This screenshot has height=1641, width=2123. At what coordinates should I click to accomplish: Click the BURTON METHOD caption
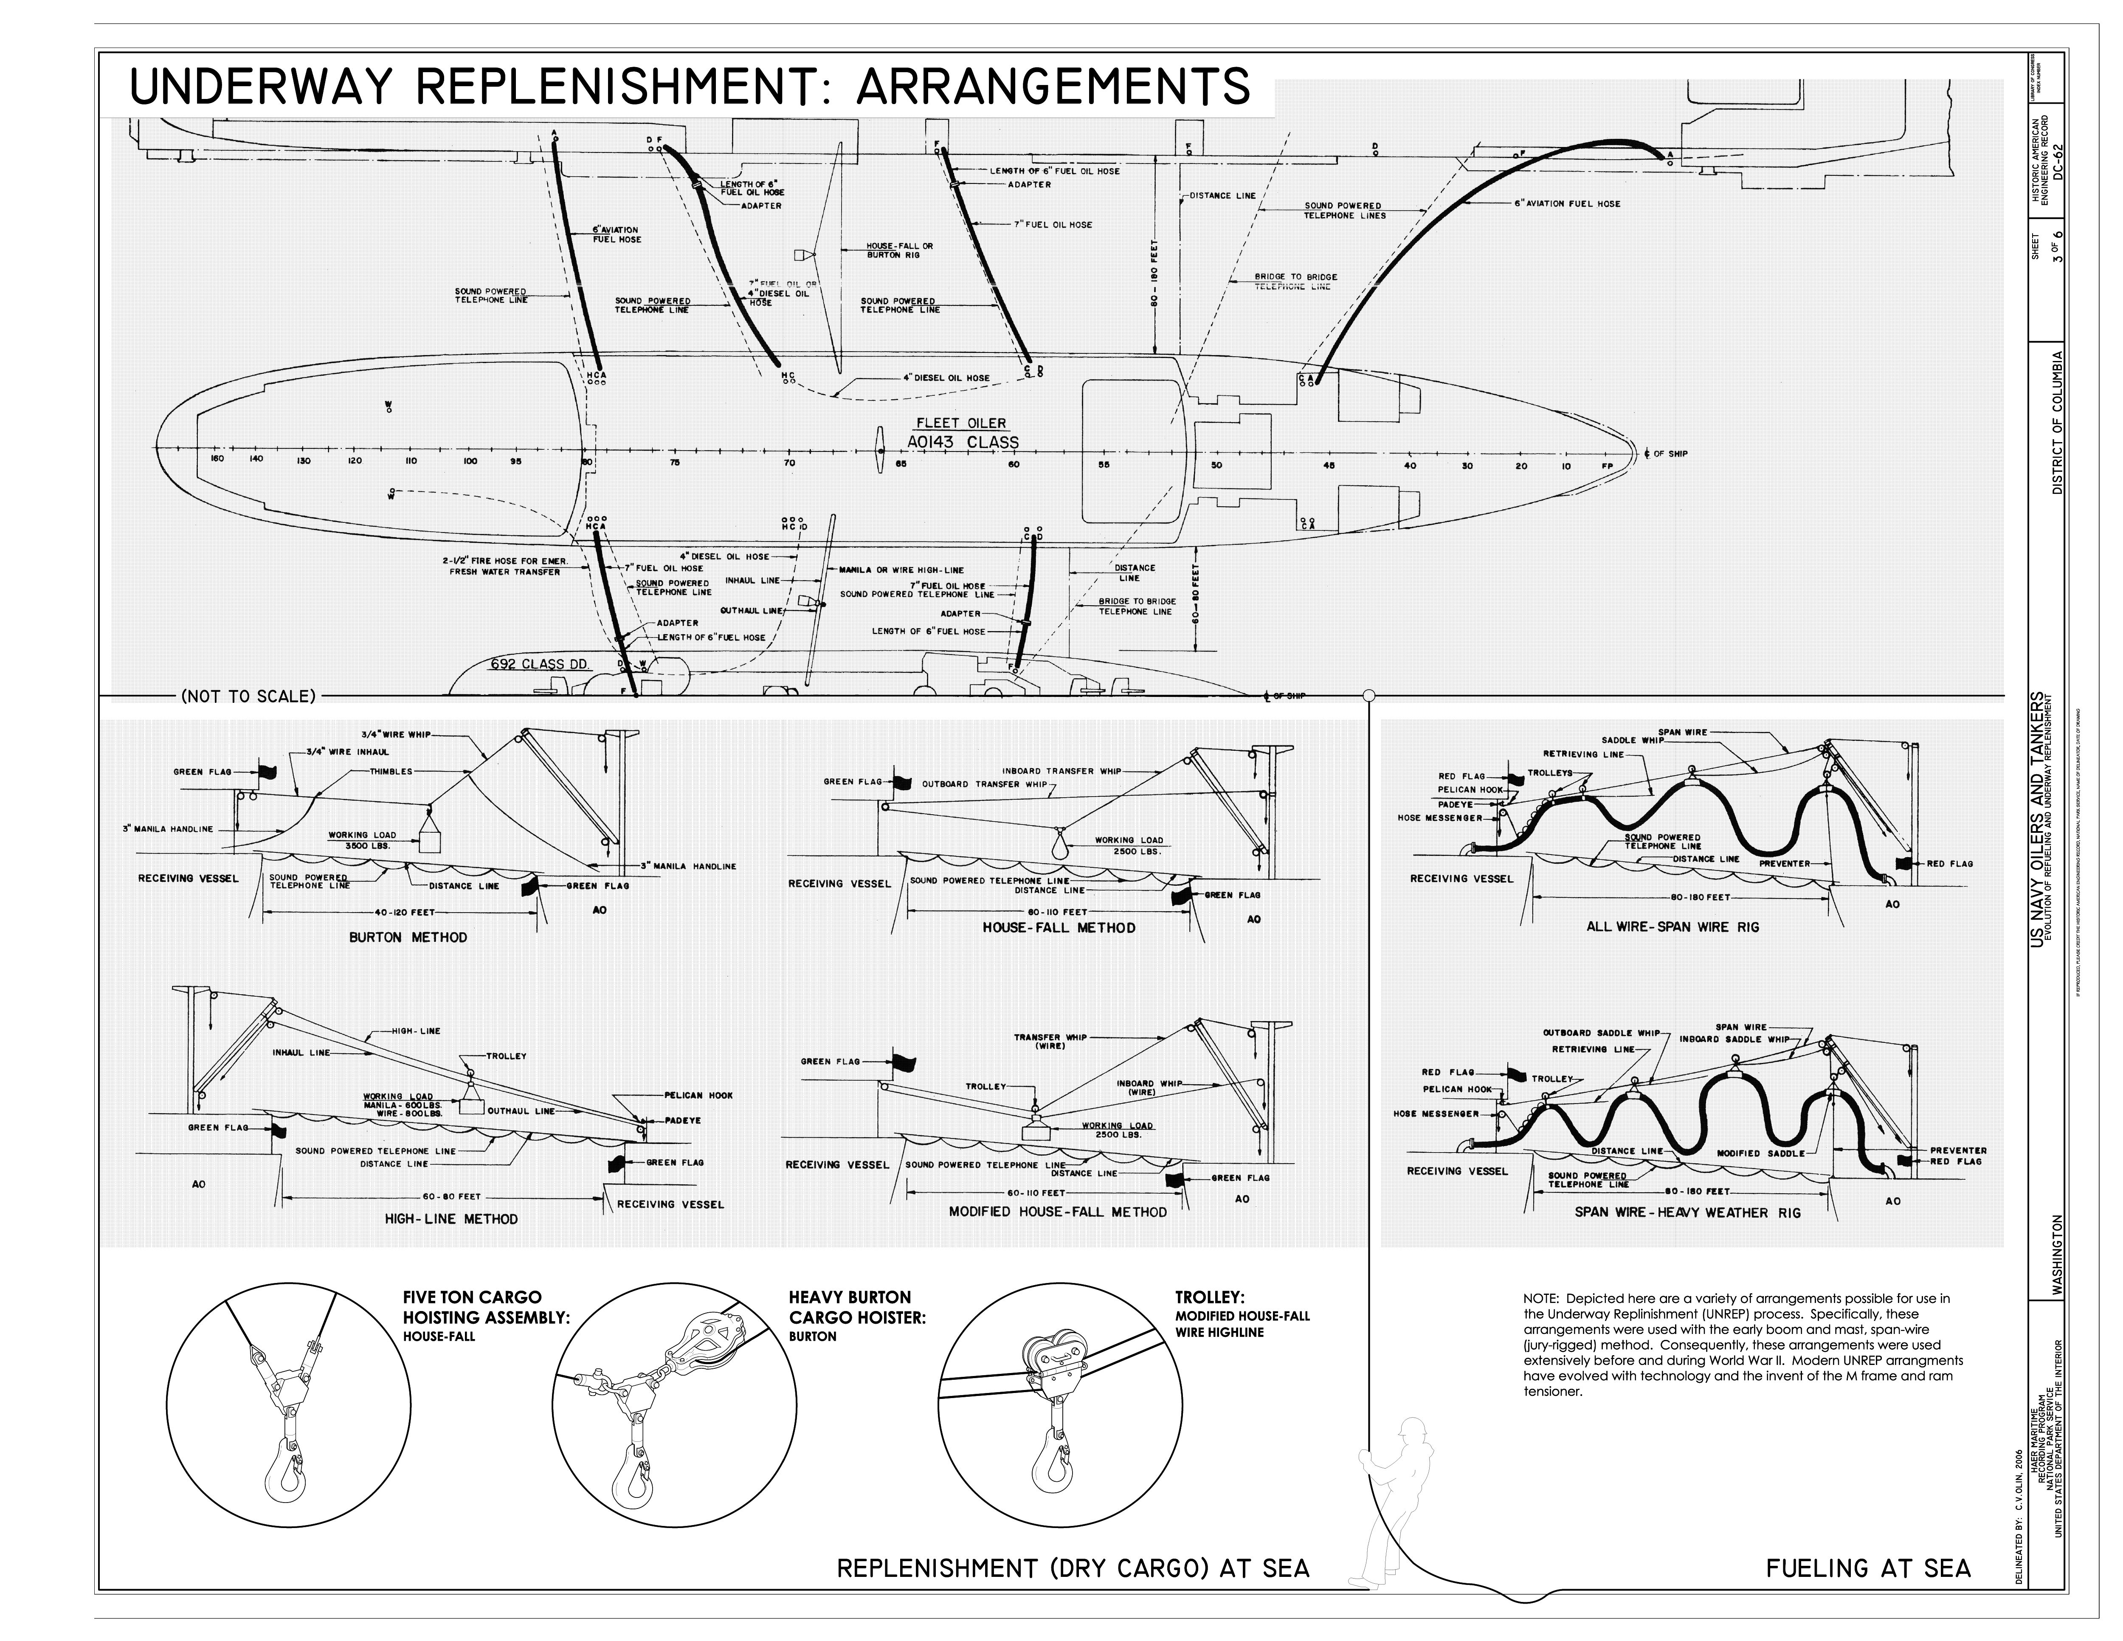408,937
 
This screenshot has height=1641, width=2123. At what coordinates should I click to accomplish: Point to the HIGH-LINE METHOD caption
451,1218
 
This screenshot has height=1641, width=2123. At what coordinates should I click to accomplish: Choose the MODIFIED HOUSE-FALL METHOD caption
1058,1211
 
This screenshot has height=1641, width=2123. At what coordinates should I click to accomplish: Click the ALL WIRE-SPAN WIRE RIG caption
1673,927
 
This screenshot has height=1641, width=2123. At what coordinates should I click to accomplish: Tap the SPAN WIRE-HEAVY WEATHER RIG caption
1687,1212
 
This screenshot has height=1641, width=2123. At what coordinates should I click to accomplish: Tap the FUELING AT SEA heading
1867,1567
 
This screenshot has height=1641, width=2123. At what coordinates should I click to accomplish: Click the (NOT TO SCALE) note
249,696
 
